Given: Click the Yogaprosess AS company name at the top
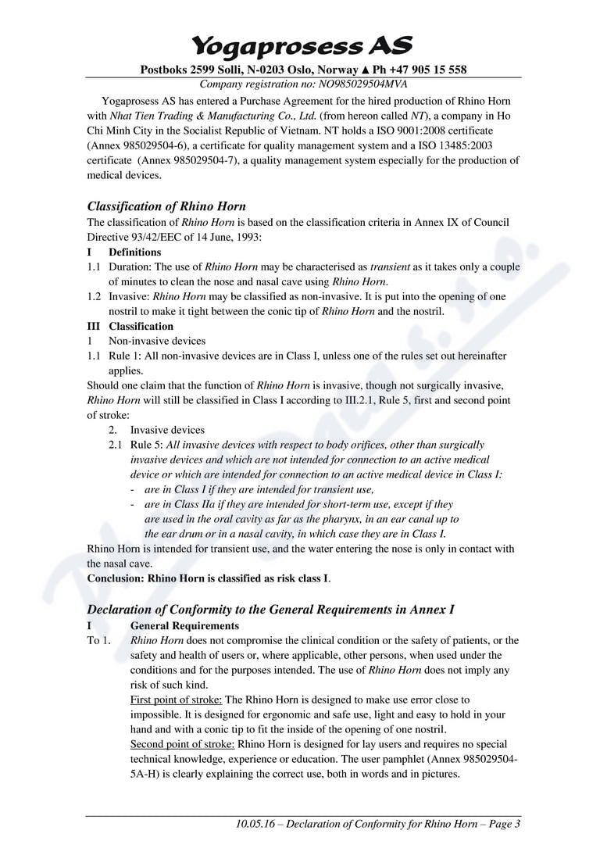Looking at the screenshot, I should point(302,45).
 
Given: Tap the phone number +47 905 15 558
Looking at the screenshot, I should point(425,70).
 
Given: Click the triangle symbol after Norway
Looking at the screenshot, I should point(364,70).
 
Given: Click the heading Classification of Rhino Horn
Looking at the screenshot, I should point(166,206).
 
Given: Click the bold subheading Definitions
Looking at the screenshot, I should point(135,252).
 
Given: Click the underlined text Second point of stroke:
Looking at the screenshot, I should point(182,744).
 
